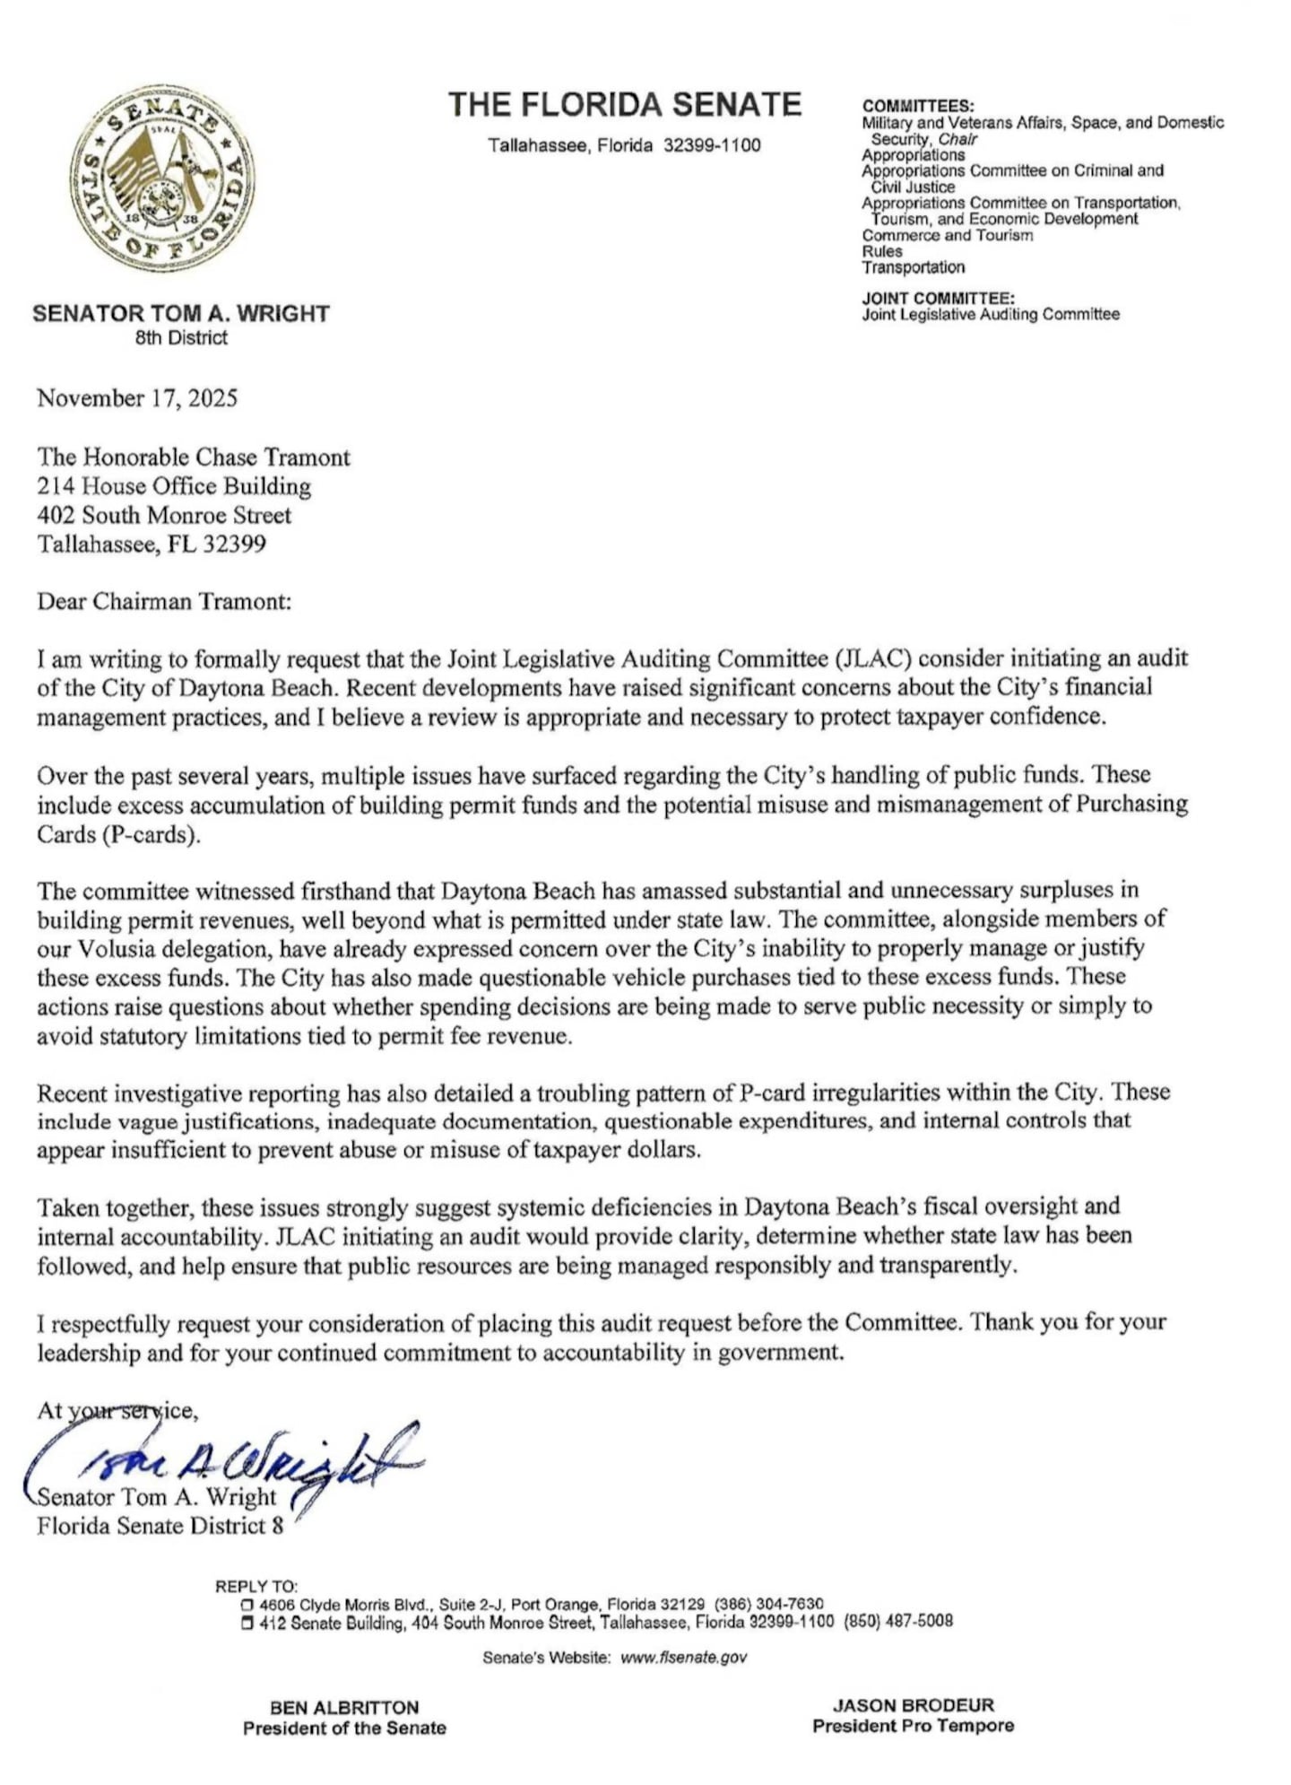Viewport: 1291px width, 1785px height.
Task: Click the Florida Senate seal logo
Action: point(161,178)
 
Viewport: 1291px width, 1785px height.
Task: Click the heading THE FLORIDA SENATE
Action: point(625,105)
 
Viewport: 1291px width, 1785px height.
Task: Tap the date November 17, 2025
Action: point(137,398)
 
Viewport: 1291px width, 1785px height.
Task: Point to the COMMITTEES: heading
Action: point(918,106)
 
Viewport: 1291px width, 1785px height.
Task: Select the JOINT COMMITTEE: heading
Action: point(938,298)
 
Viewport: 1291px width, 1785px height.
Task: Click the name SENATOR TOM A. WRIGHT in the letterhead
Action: point(181,314)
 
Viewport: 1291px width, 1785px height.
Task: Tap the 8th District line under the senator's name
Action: point(181,338)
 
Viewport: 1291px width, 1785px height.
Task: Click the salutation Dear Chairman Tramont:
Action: point(164,601)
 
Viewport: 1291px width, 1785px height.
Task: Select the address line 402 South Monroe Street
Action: point(164,515)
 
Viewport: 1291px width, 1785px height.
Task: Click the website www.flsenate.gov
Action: point(683,1658)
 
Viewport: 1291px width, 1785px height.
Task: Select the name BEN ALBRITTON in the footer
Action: point(344,1707)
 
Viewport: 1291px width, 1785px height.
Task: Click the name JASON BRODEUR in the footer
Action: point(914,1705)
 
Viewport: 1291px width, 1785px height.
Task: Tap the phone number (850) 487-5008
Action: point(898,1622)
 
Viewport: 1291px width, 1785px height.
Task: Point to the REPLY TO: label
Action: point(256,1586)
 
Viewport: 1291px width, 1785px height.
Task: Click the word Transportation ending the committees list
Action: point(914,267)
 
